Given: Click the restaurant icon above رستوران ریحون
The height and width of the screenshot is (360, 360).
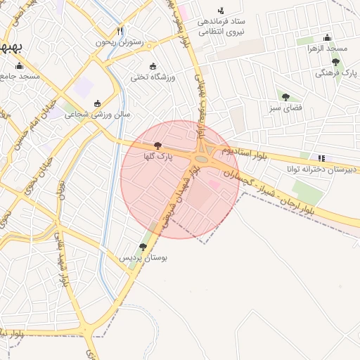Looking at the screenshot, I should tap(120, 31).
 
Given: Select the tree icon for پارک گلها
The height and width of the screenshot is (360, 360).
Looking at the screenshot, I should tap(156, 145).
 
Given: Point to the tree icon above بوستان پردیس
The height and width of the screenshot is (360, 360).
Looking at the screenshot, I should tap(143, 247).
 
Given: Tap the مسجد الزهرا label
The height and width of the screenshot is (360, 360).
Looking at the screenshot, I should tap(327, 48).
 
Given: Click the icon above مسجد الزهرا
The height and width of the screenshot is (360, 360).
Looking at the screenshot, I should tap(327, 38).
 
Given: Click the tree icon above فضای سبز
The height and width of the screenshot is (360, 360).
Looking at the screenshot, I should tap(285, 97).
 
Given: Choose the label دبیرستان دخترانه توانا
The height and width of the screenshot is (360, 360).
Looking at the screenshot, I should tap(322, 169).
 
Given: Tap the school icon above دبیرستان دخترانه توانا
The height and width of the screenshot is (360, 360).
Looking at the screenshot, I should tap(321, 159).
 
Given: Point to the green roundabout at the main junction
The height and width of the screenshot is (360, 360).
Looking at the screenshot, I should tap(202, 160).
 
